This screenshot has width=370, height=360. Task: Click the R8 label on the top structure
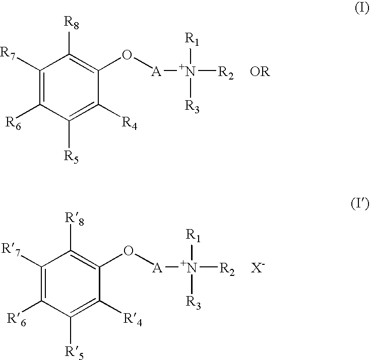pyautogui.click(x=71, y=22)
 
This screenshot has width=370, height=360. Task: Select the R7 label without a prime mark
pyautogui.click(x=11, y=52)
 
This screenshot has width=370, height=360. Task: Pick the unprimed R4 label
pyautogui.click(x=129, y=122)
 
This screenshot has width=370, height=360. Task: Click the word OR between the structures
pyautogui.click(x=260, y=72)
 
